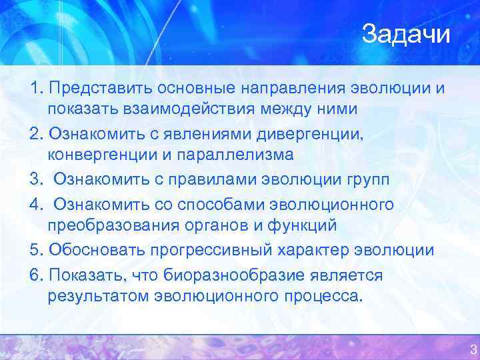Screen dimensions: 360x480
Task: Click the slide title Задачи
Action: (406, 34)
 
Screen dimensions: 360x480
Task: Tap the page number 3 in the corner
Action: (473, 349)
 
